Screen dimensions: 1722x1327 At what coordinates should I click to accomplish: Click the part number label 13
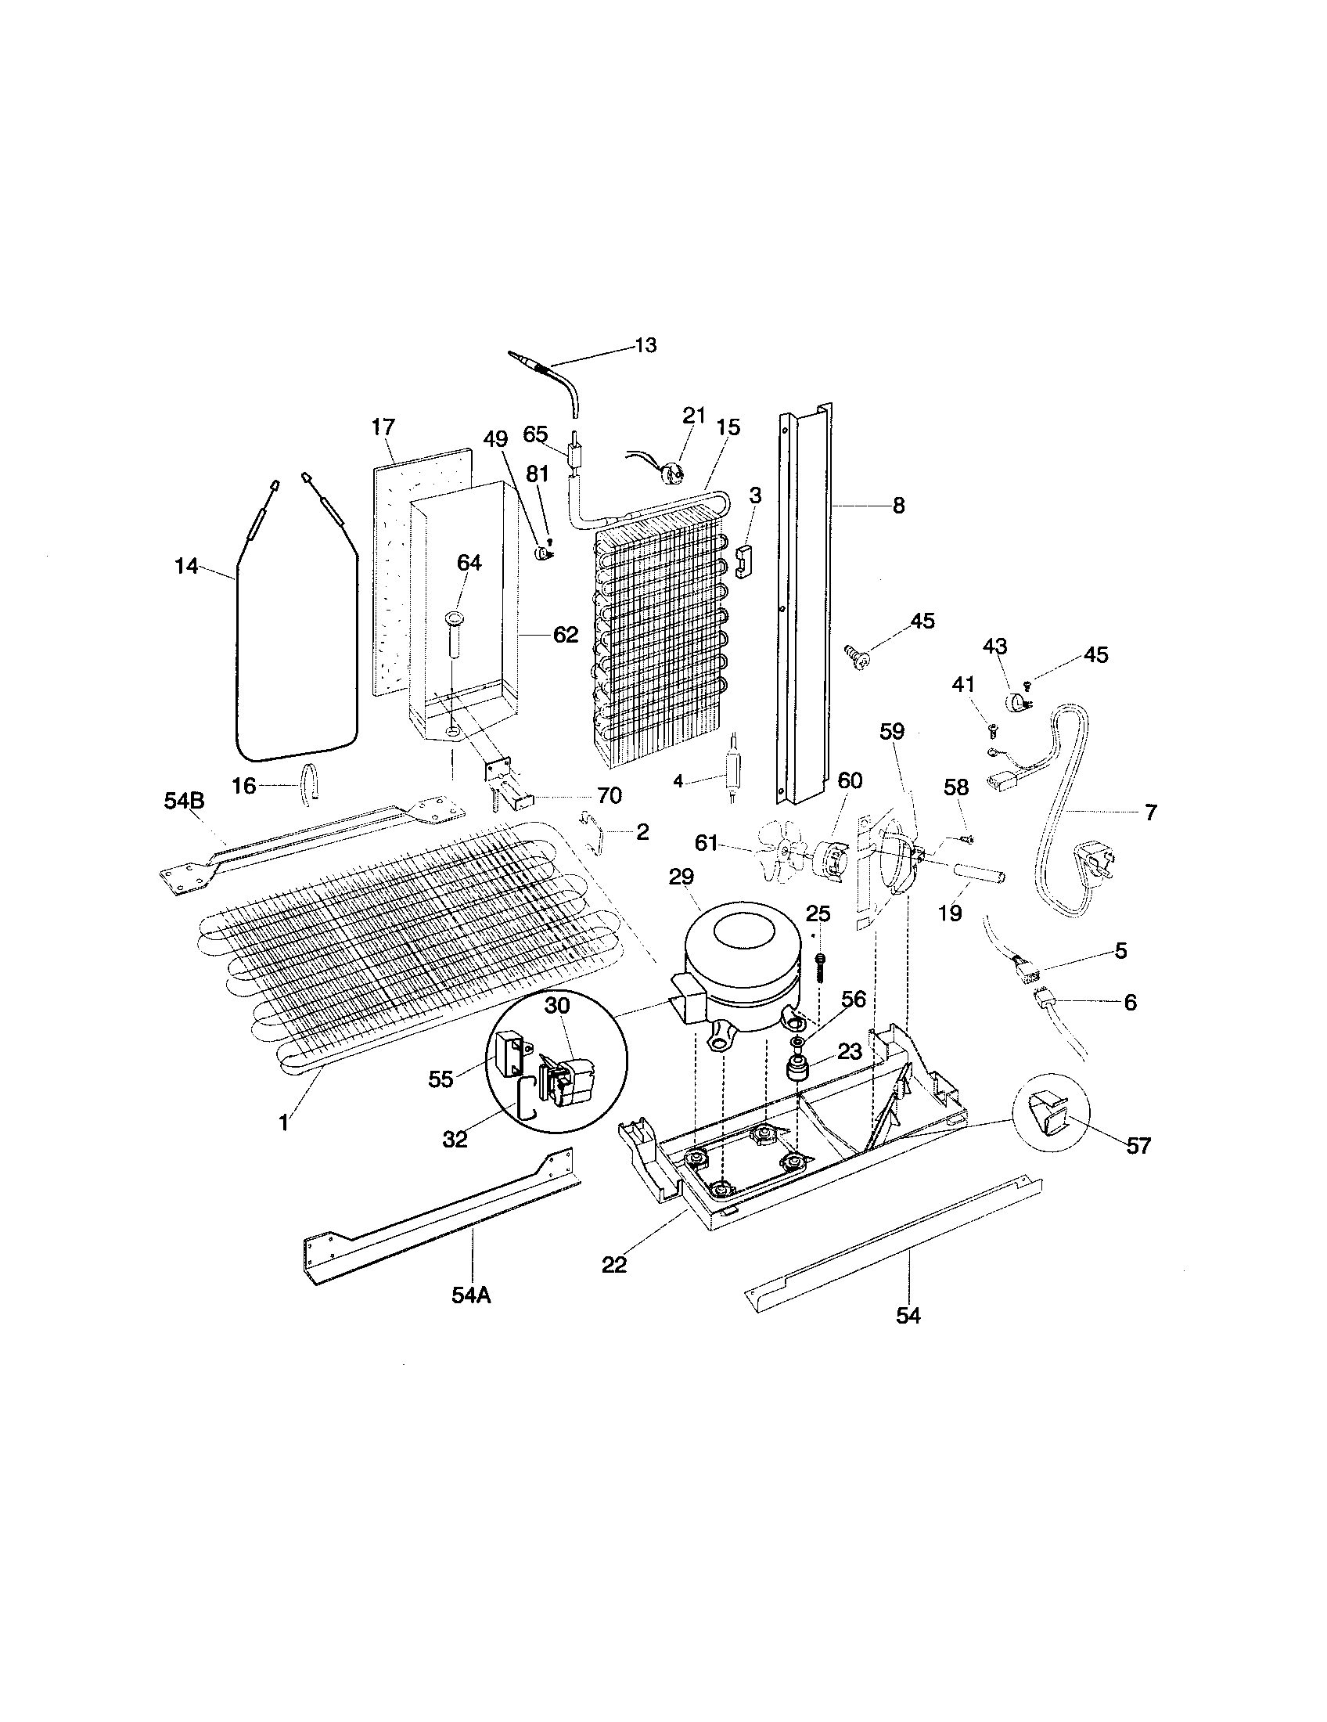pos(646,346)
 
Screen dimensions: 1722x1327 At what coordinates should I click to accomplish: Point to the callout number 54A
pos(471,1295)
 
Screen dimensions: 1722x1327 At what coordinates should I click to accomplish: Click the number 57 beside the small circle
pos(1138,1146)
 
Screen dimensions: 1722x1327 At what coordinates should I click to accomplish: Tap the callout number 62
pos(565,635)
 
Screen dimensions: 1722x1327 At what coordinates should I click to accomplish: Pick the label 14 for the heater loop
pos(186,566)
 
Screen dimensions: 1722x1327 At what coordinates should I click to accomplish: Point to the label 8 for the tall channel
pos(898,506)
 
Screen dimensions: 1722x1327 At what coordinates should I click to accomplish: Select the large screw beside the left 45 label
pos(856,655)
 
